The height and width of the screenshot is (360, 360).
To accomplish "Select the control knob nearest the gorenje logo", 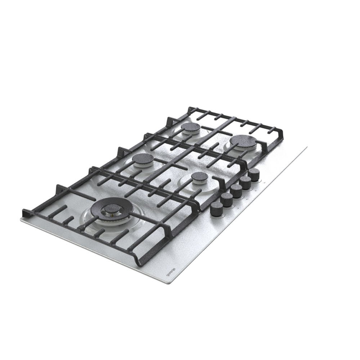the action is [216, 208].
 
